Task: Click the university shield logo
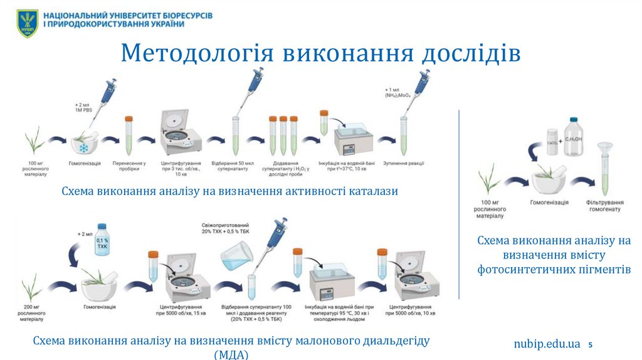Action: [x=28, y=23]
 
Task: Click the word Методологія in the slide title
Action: [x=196, y=53]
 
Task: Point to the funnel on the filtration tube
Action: [x=604, y=150]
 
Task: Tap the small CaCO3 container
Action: [x=552, y=140]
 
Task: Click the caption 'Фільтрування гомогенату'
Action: [x=605, y=206]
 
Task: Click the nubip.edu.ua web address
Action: [x=547, y=344]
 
